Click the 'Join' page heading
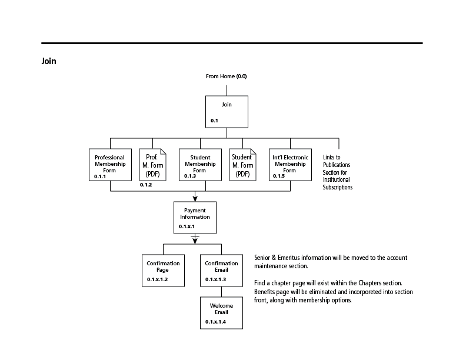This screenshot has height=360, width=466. coord(49,61)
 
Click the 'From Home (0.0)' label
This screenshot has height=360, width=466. coord(226,76)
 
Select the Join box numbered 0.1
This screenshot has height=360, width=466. coord(227,112)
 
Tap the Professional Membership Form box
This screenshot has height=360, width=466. coord(110,165)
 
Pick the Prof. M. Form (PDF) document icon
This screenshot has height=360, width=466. coord(153,165)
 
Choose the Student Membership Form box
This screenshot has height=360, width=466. coord(200,165)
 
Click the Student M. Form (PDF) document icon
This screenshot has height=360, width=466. coord(242,165)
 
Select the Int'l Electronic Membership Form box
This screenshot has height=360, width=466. coord(290,165)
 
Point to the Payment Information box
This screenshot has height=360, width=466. coord(195,218)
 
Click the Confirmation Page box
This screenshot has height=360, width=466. coord(163,271)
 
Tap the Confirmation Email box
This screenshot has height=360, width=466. coord(221,271)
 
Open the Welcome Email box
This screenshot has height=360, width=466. coord(221,313)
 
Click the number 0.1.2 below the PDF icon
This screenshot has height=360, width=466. coord(146,185)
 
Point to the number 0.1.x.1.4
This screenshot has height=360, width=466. coord(215,322)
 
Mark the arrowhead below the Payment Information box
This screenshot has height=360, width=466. coord(195,241)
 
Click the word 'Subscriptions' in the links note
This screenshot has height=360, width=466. coord(338,187)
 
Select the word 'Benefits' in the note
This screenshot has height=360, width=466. coord(265,292)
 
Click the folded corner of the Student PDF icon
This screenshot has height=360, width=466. coord(253,152)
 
